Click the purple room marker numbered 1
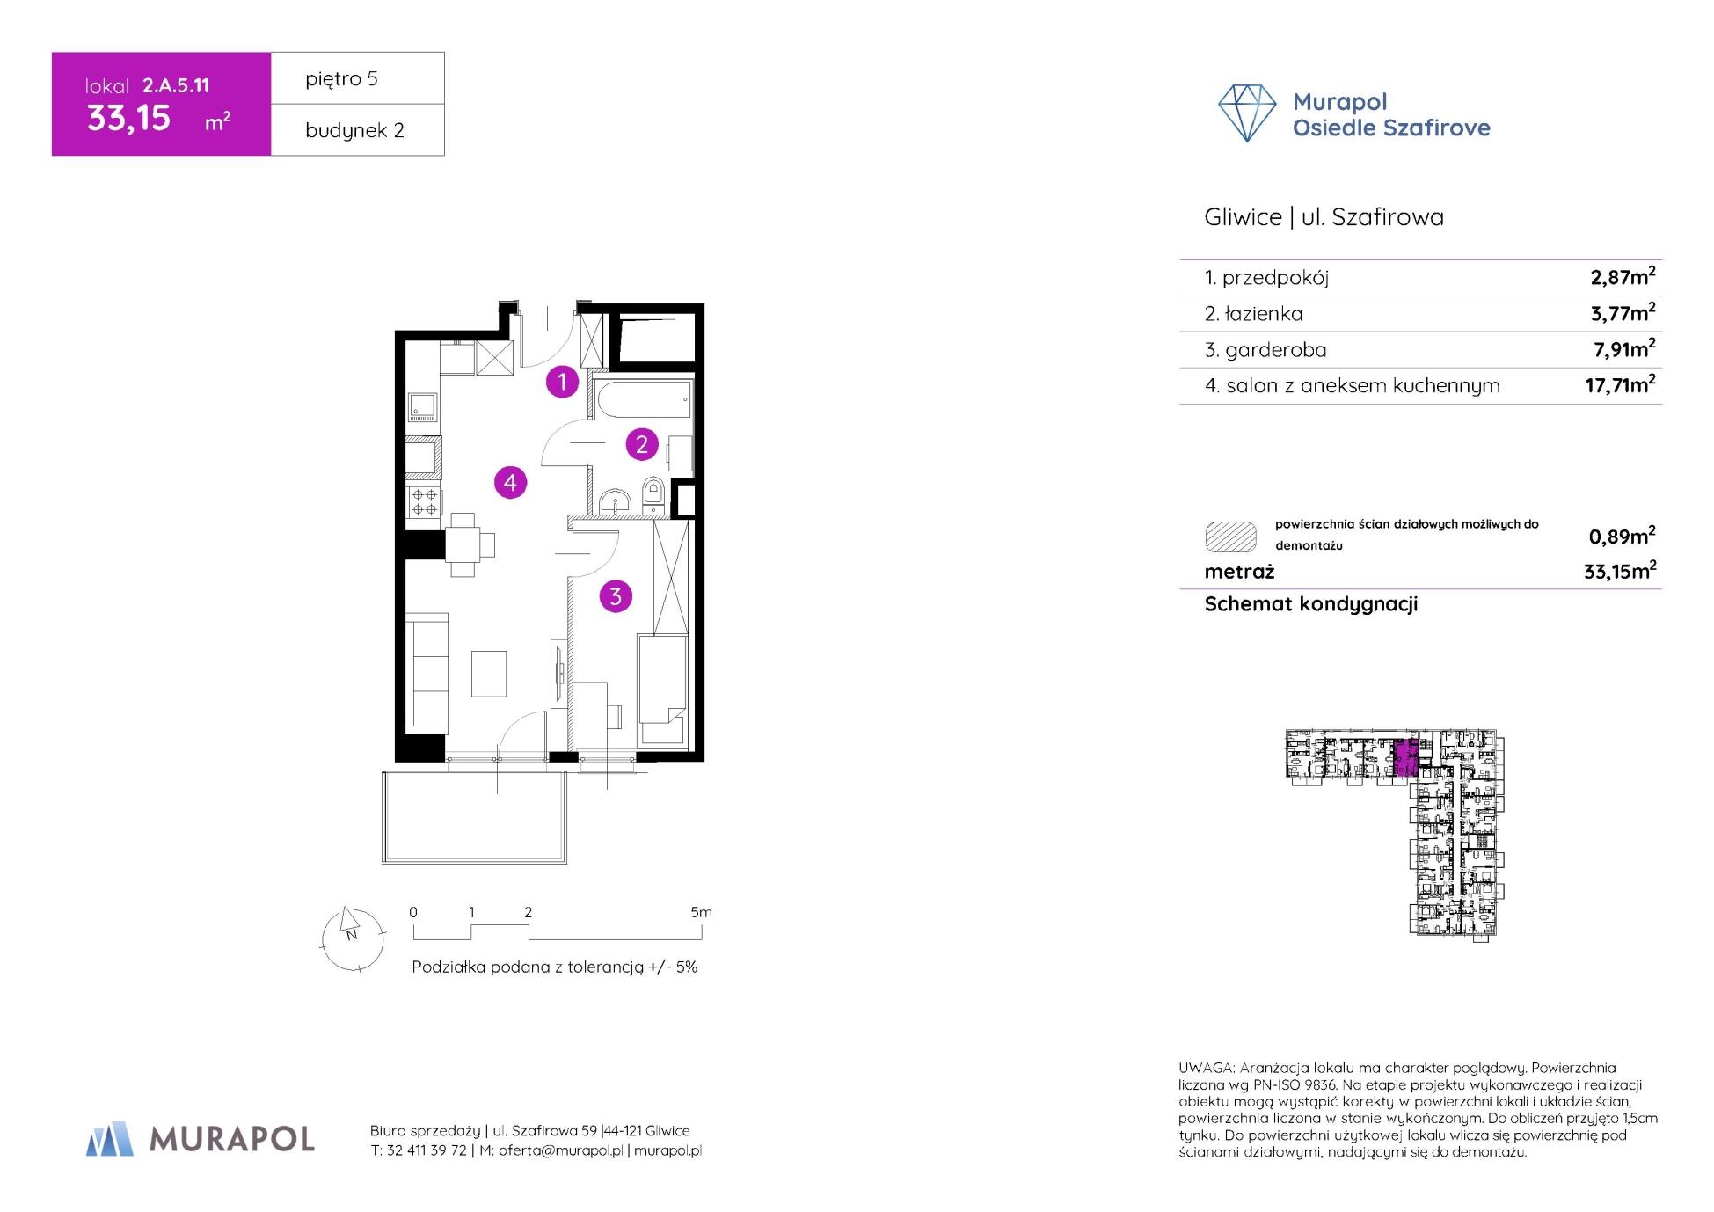[562, 382]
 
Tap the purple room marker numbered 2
[642, 444]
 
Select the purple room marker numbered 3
[616, 596]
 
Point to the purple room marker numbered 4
[510, 482]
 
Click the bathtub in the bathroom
[644, 399]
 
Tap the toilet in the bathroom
[653, 494]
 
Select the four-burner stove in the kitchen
[425, 501]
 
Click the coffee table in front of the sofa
[489, 673]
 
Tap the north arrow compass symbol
[352, 939]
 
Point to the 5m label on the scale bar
[701, 912]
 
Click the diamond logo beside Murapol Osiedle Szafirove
[1247, 113]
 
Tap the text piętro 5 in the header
[341, 78]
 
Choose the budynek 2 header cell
[357, 129]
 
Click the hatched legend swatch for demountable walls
[1230, 536]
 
